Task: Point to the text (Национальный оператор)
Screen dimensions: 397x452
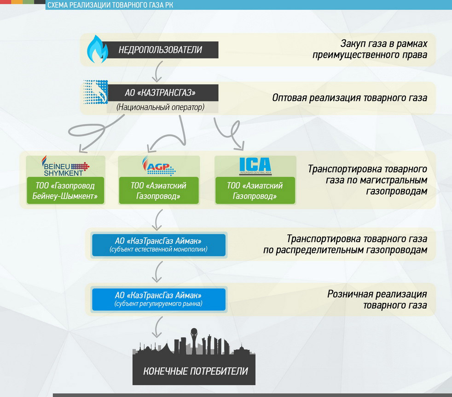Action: click(x=160, y=107)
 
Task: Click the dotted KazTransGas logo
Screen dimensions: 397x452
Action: click(x=95, y=94)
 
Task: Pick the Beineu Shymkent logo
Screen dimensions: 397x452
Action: click(x=65, y=166)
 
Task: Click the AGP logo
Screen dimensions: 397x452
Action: click(x=158, y=166)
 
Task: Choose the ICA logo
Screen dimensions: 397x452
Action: click(x=255, y=166)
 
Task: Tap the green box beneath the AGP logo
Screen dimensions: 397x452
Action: click(x=159, y=191)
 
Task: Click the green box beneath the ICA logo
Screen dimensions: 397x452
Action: click(x=255, y=191)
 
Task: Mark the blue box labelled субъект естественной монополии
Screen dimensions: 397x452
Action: click(x=159, y=245)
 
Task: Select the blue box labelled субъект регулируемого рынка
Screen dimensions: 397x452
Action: click(x=159, y=299)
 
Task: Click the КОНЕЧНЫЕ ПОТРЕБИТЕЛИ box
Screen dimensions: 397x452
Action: click(x=195, y=371)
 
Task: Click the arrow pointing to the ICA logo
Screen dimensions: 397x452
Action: click(x=230, y=136)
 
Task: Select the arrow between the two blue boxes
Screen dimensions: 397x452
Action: click(x=158, y=271)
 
